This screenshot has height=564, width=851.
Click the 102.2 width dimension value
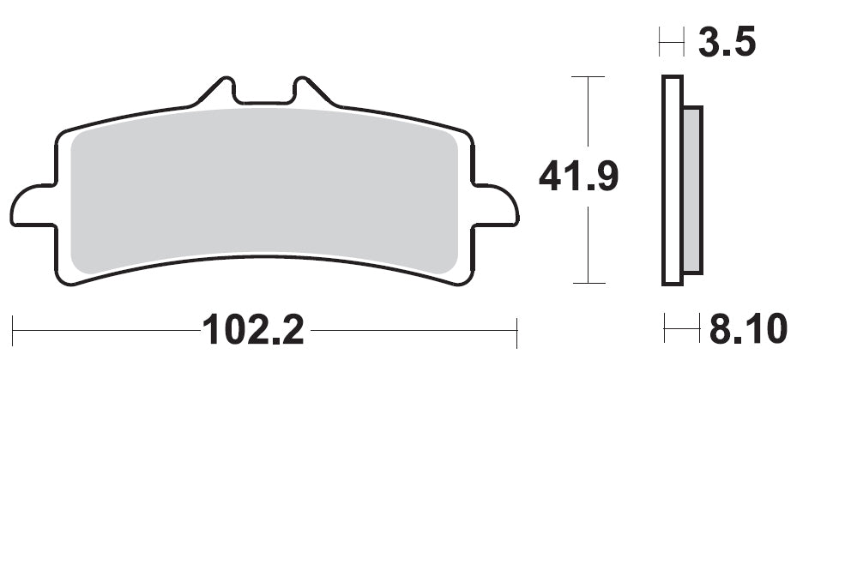click(x=252, y=330)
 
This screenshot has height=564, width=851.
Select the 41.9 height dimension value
click(x=578, y=177)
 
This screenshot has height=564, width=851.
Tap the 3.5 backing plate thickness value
click(x=727, y=42)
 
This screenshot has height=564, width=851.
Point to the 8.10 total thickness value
click(x=748, y=329)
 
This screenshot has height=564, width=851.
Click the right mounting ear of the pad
click(x=496, y=206)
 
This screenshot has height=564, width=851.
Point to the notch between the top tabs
click(x=263, y=99)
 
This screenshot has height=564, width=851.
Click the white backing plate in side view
click(x=672, y=180)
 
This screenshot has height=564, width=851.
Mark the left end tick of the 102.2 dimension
click(x=13, y=332)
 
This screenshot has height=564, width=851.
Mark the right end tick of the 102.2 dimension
click(x=516, y=332)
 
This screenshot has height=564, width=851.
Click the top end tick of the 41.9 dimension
click(x=588, y=76)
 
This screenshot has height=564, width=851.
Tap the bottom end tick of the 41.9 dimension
click(x=588, y=283)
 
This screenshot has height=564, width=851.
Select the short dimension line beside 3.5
click(x=671, y=41)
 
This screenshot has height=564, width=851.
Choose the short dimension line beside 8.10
click(x=681, y=328)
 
